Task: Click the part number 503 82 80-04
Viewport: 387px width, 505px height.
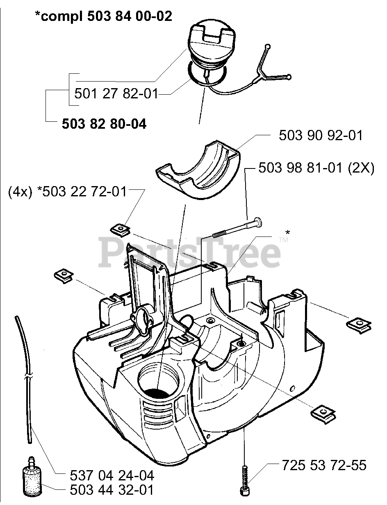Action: (104, 124)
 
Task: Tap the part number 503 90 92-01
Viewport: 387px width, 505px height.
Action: (321, 135)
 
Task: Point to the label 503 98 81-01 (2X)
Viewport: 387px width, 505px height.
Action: (316, 168)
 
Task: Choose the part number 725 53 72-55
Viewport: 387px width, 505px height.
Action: (324, 465)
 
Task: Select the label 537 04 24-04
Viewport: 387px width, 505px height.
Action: (112, 475)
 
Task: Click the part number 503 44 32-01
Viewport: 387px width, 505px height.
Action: (112, 490)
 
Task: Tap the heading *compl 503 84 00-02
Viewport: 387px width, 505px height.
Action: (103, 16)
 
